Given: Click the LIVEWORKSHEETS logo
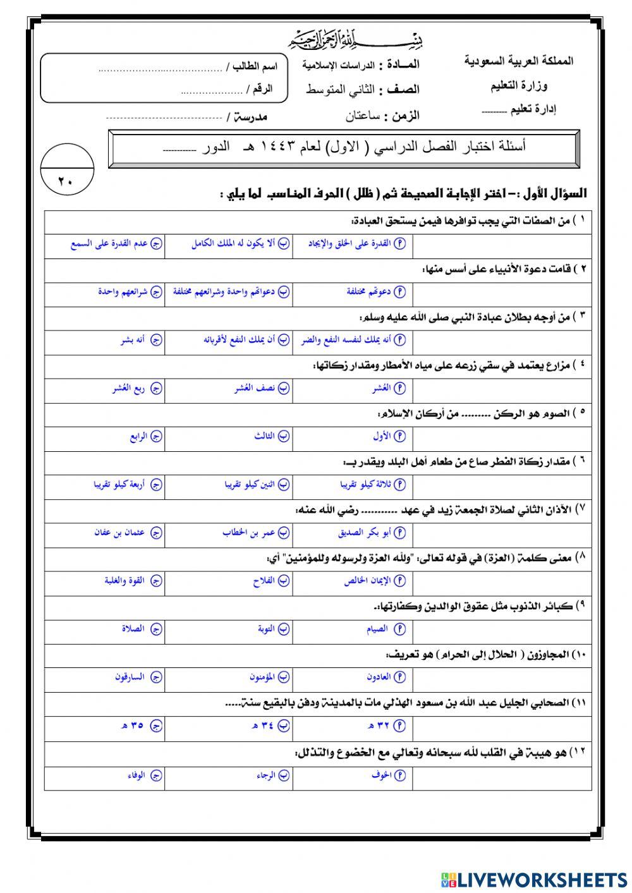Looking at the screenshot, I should tap(533, 879).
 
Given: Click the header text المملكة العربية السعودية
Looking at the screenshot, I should tap(519, 62).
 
